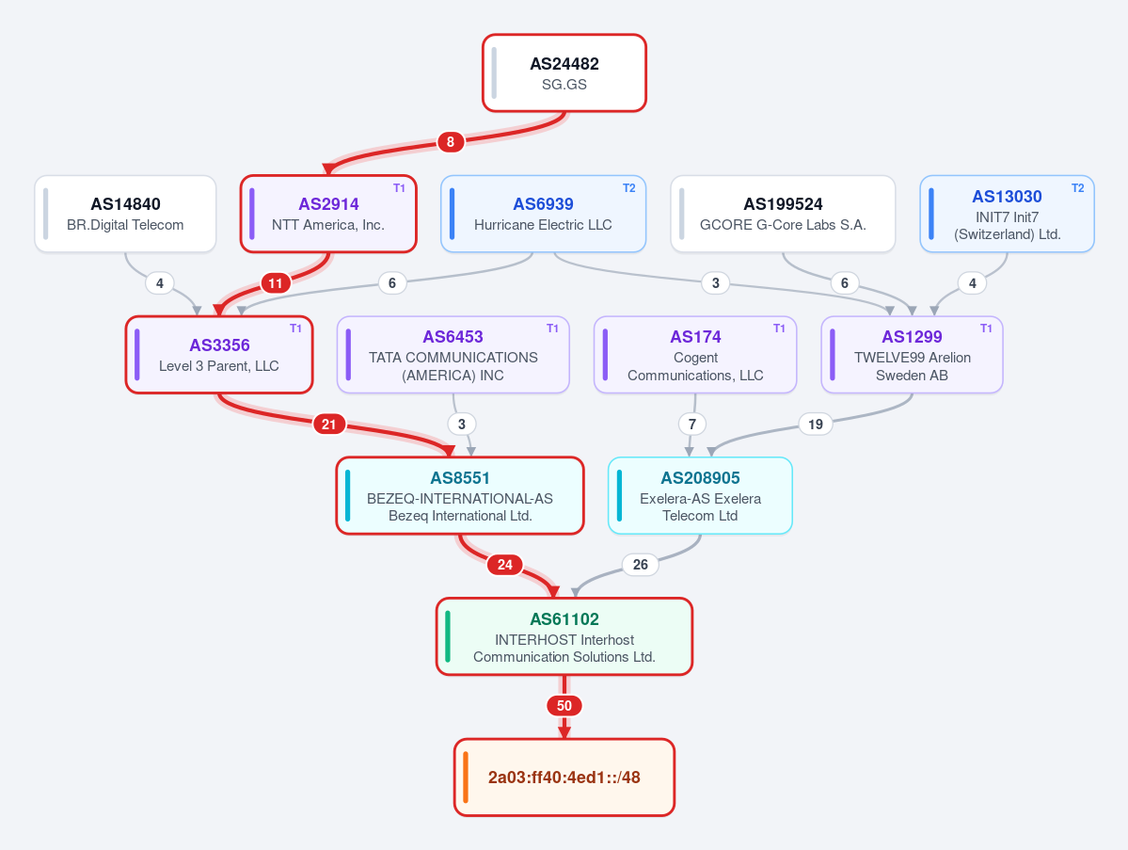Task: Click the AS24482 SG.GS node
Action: click(564, 72)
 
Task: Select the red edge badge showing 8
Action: click(451, 142)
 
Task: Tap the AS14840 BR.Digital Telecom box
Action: click(125, 214)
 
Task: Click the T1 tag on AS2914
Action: click(399, 188)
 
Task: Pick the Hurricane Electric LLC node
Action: click(543, 214)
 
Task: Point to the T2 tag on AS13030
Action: click(1077, 188)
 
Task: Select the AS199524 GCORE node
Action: click(783, 214)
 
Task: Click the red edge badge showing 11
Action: click(276, 282)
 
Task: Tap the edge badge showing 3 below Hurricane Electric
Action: click(715, 282)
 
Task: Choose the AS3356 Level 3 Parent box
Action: click(219, 355)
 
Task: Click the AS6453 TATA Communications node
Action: click(453, 355)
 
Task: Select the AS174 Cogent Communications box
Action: click(695, 355)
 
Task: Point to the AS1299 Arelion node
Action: click(912, 355)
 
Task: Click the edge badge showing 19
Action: click(815, 424)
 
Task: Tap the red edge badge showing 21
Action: click(328, 424)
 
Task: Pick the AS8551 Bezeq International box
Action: click(460, 496)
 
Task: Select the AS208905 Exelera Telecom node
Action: click(700, 496)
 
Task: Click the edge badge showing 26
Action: click(641, 564)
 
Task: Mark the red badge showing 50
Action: click(564, 705)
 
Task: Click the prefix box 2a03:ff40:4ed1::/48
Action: click(564, 778)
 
